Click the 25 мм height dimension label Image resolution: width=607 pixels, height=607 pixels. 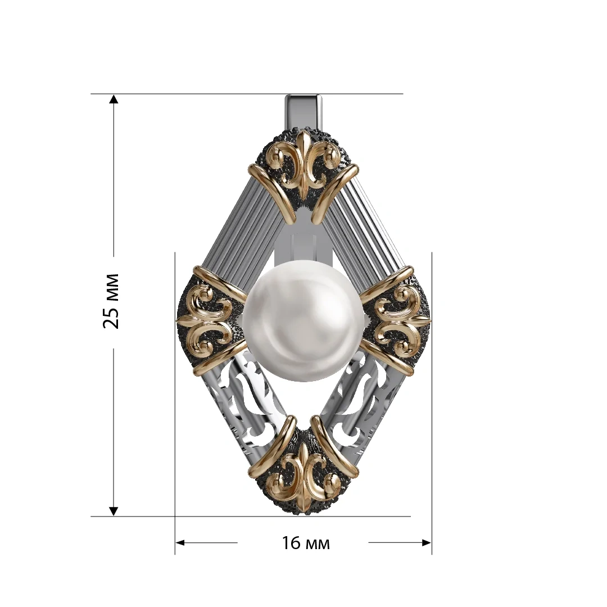[x=111, y=301]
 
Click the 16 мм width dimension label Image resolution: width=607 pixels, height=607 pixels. [x=305, y=543]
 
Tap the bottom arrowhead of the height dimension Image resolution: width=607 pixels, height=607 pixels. [x=113, y=511]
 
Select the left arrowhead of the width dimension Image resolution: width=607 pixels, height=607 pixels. [x=180, y=543]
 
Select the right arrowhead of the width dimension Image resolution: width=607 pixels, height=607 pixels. [x=426, y=543]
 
